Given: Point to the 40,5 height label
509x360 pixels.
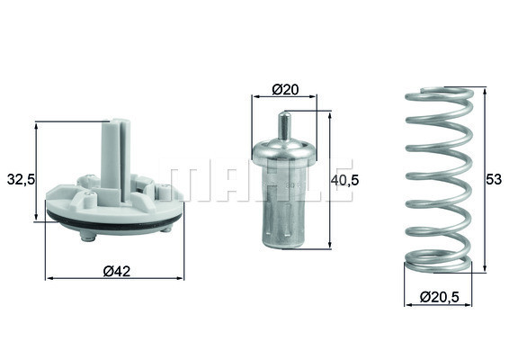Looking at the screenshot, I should pos(345,179).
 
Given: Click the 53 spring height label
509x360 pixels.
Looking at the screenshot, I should pos(492,179).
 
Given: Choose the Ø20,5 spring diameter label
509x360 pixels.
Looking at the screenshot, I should pos(441,296).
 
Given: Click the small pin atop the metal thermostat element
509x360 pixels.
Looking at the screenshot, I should pos(286,124).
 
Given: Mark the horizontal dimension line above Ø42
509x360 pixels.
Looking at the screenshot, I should pos(114,278).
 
